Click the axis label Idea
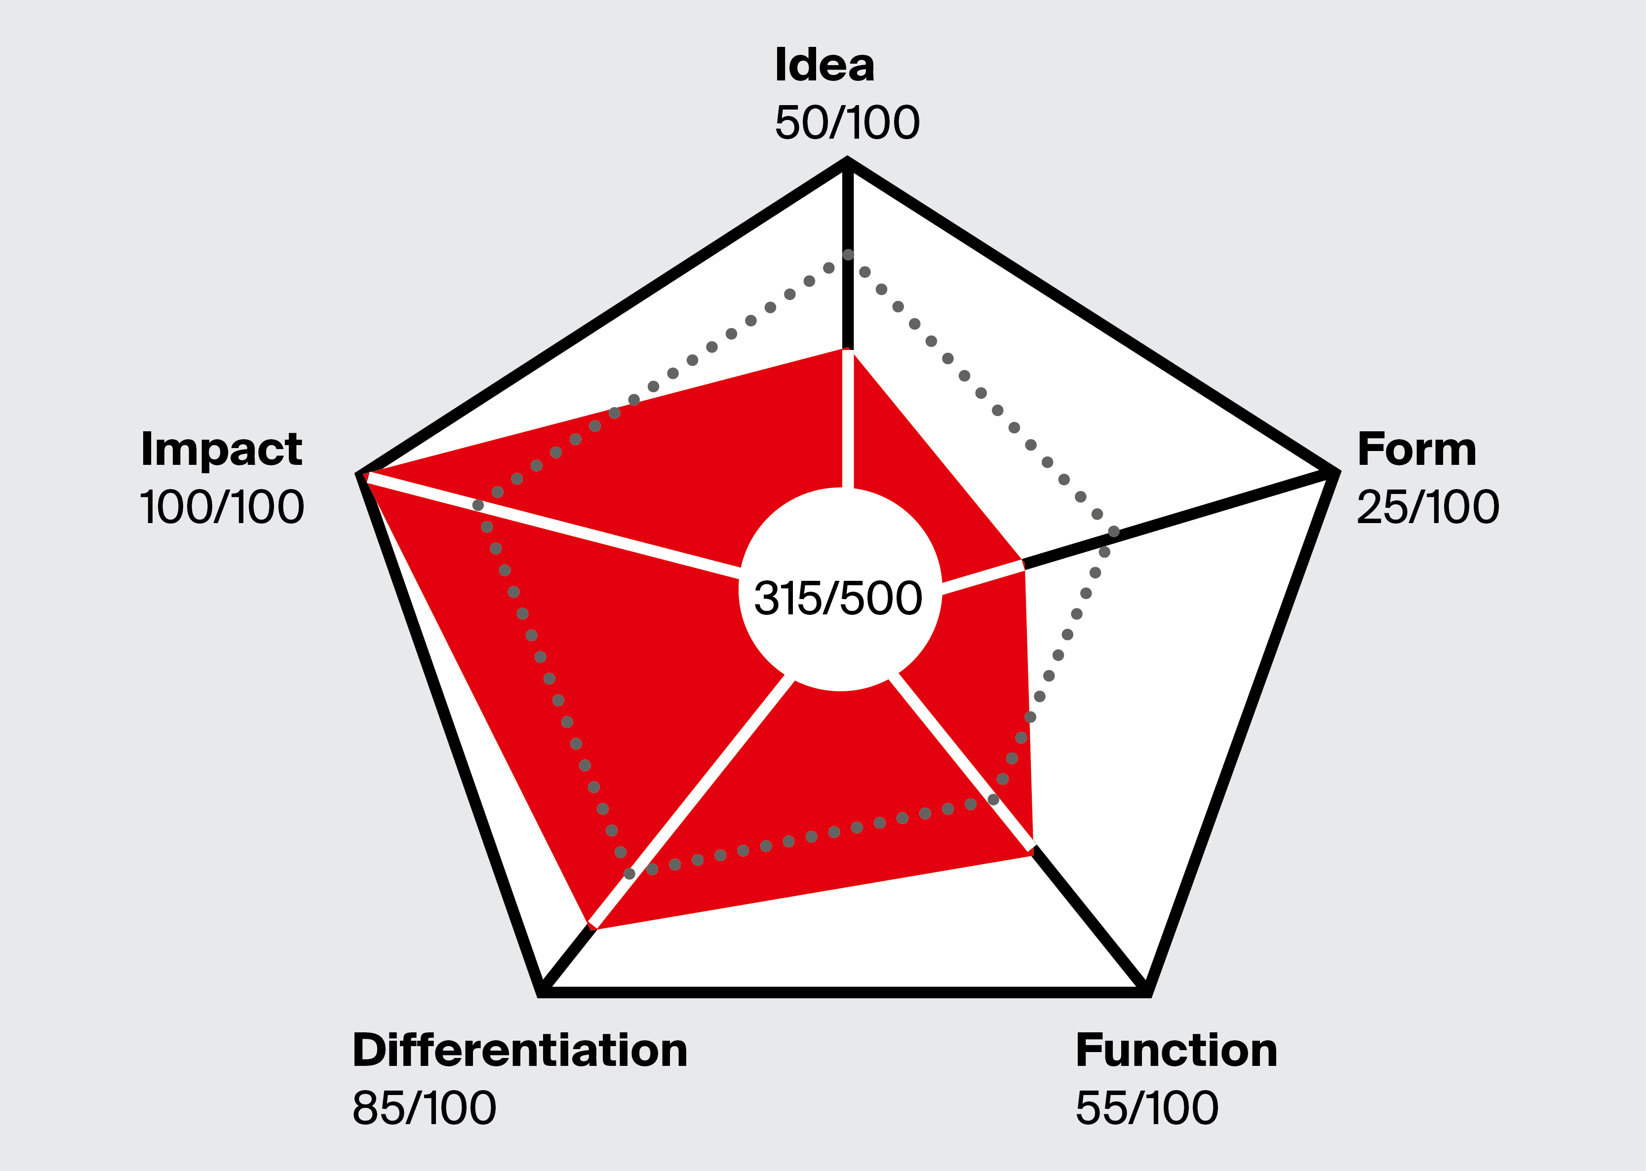824,65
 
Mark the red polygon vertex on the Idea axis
848,350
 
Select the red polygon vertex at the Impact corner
366,476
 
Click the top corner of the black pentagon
847,163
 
